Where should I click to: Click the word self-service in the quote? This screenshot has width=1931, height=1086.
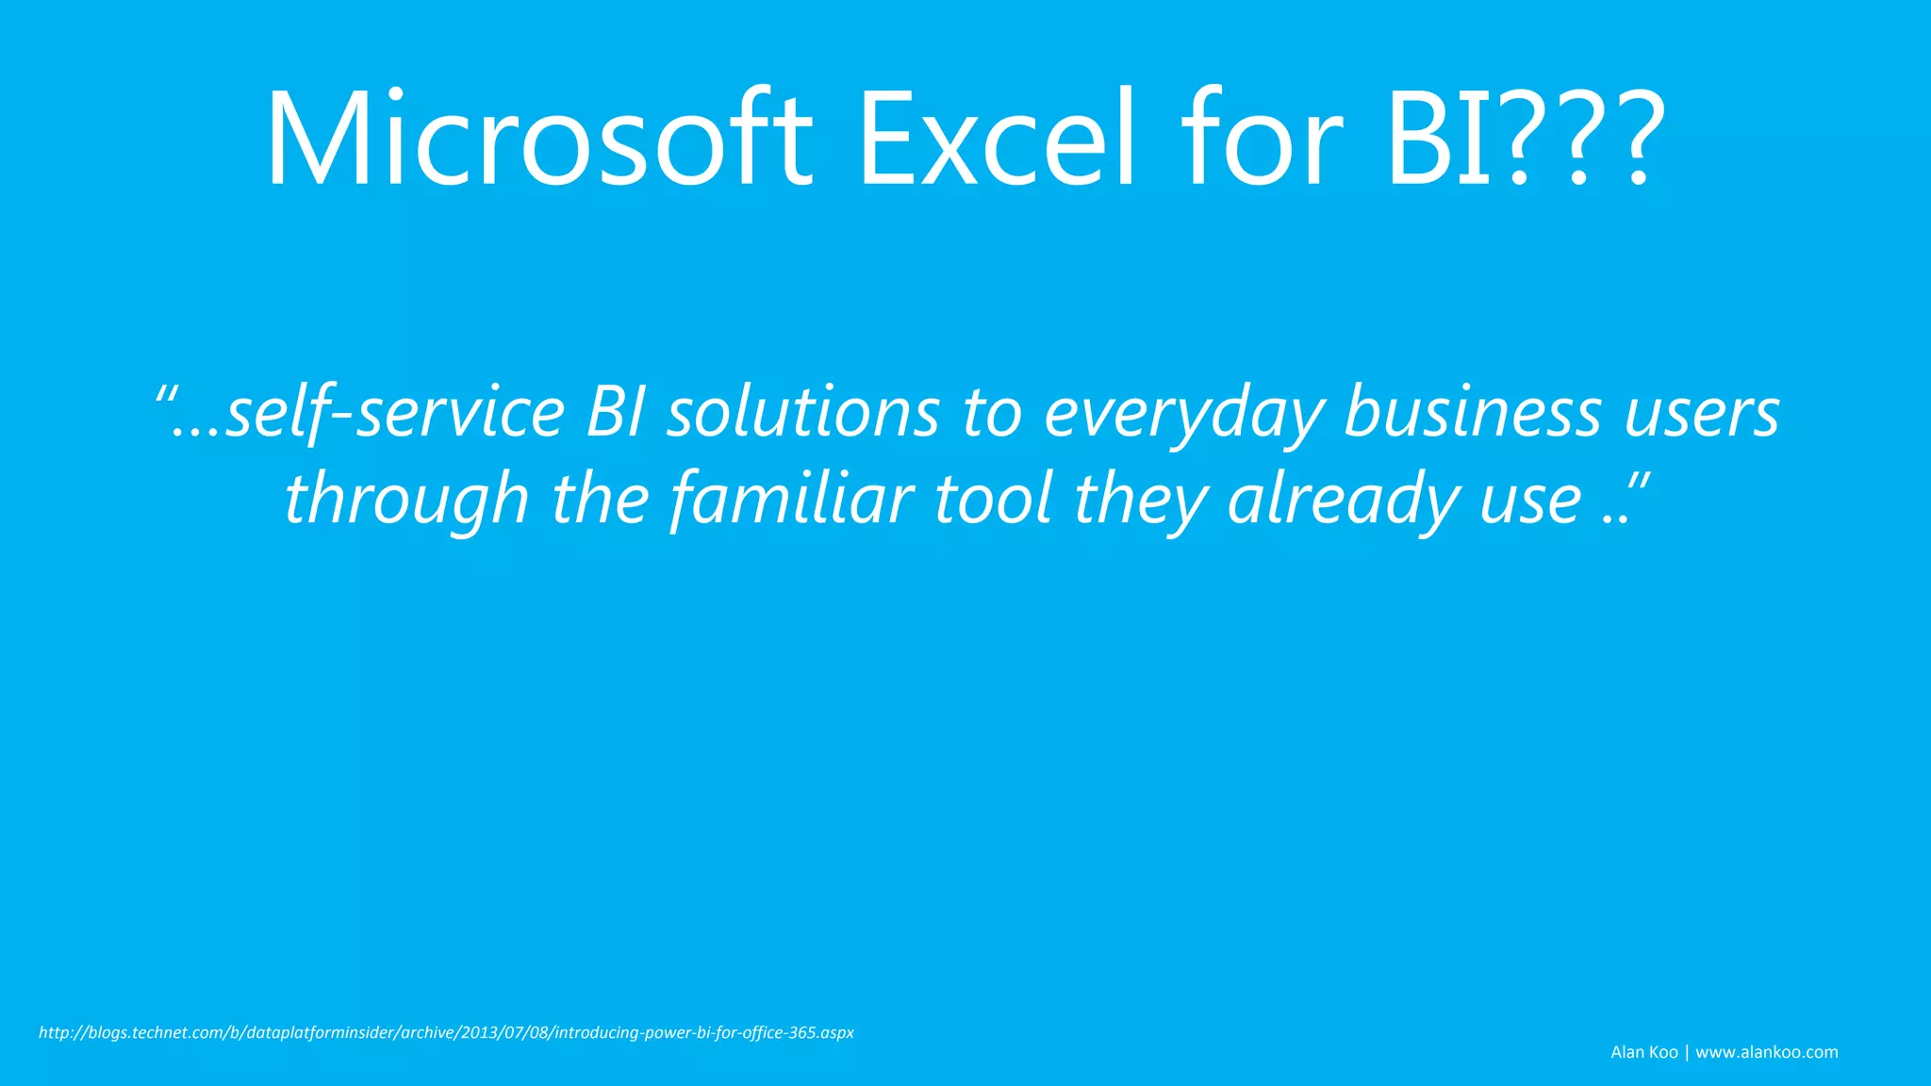(x=396, y=413)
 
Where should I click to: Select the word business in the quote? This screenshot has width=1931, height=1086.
(x=1472, y=413)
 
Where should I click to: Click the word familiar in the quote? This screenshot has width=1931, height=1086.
(x=792, y=498)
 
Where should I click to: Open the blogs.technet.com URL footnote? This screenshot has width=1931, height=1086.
(x=446, y=1032)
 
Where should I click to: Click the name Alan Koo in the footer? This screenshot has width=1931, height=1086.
(x=1643, y=1052)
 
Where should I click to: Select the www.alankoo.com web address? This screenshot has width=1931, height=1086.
(x=1766, y=1052)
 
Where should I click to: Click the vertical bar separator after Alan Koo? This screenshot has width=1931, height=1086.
(x=1687, y=1052)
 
